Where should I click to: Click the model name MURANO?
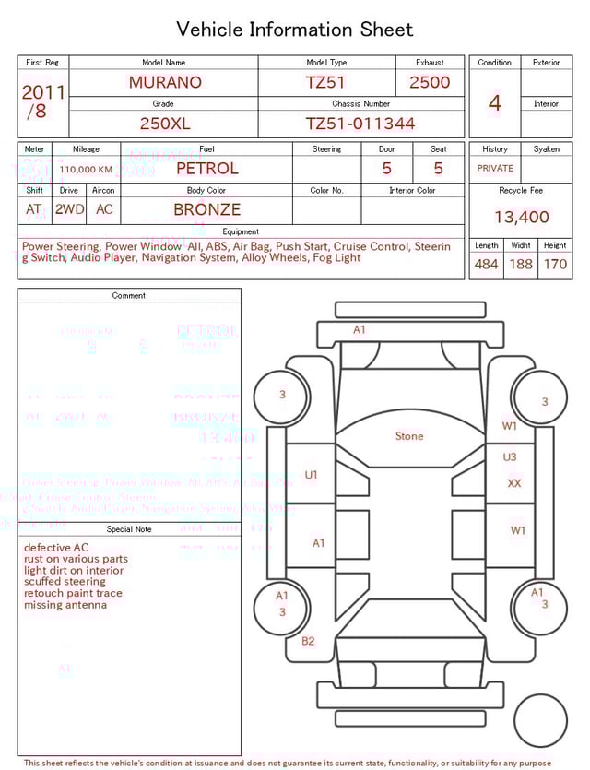click(x=165, y=82)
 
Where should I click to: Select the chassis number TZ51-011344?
click(x=360, y=124)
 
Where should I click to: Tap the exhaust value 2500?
click(x=430, y=82)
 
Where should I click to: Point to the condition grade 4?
click(x=494, y=103)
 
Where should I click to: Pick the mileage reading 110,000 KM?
click(x=86, y=170)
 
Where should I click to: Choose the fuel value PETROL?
click(x=206, y=169)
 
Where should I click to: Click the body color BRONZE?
click(x=206, y=209)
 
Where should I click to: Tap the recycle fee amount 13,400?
click(x=521, y=218)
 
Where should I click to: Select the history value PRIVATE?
click(x=495, y=169)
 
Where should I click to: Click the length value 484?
click(x=486, y=265)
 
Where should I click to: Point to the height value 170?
click(x=555, y=265)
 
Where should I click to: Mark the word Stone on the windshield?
click(x=409, y=436)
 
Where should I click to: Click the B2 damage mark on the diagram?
click(x=308, y=641)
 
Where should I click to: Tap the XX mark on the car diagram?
click(x=514, y=483)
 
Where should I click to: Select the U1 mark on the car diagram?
click(x=311, y=475)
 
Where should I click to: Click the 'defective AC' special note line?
click(x=56, y=548)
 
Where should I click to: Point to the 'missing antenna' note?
click(x=65, y=605)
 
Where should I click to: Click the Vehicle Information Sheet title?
click(x=295, y=30)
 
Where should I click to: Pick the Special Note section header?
click(x=129, y=529)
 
